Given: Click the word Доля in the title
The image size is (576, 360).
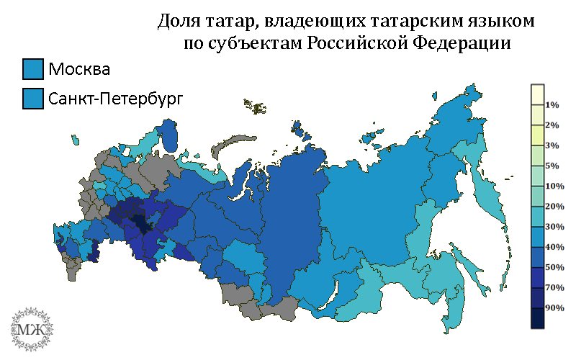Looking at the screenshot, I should click(179, 22).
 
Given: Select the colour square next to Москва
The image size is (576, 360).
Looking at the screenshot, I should click(33, 69).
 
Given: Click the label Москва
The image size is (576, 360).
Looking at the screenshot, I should click(79, 70).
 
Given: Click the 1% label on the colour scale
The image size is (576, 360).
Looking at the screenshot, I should click(552, 105).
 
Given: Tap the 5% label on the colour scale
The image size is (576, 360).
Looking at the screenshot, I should click(552, 166).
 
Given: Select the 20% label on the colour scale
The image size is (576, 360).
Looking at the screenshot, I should click(554, 207).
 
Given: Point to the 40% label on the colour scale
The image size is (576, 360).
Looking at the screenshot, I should click(554, 247).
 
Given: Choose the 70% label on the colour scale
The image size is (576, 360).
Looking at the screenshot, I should click(554, 287).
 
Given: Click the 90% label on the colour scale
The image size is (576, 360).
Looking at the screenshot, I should click(554, 307).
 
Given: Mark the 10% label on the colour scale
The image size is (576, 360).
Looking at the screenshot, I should click(554, 186).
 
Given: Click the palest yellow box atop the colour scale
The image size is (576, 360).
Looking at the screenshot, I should click(536, 94).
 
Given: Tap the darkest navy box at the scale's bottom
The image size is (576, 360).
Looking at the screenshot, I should click(536, 318).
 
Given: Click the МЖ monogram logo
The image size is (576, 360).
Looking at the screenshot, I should click(30, 327).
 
